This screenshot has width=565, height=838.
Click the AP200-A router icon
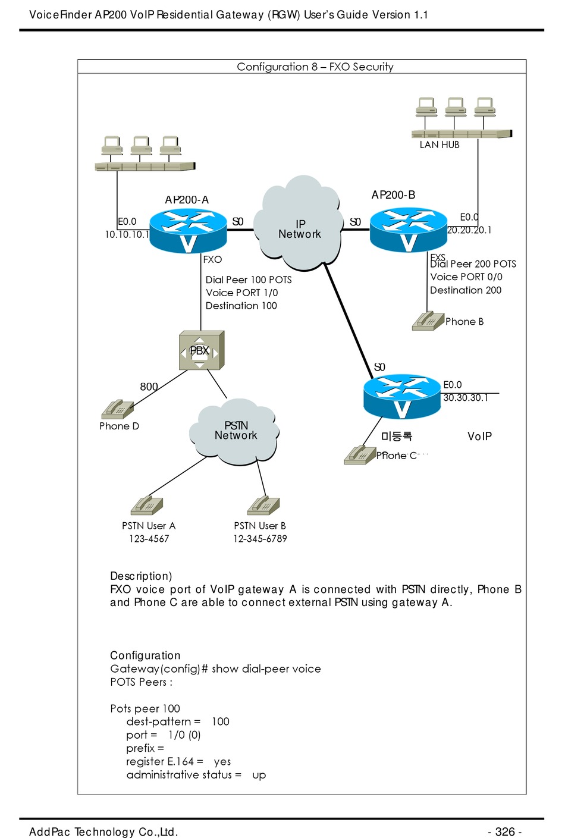188,231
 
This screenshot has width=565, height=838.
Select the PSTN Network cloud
235,432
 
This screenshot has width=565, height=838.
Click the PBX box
201,351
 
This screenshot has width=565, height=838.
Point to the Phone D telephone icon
118,410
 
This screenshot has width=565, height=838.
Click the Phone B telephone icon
428,321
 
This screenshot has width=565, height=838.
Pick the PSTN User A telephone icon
147,506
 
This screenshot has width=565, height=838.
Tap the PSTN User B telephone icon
263,506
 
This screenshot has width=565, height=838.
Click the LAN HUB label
440,145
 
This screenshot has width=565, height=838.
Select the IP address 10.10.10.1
127,234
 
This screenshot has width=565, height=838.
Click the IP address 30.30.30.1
466,398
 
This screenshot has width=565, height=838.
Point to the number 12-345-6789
260,539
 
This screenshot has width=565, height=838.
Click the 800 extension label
149,387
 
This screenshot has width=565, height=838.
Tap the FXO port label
212,259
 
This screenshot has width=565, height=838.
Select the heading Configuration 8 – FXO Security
315,67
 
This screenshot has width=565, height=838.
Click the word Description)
141,576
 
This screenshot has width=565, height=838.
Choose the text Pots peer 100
145,708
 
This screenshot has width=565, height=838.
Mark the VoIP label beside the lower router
479,437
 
